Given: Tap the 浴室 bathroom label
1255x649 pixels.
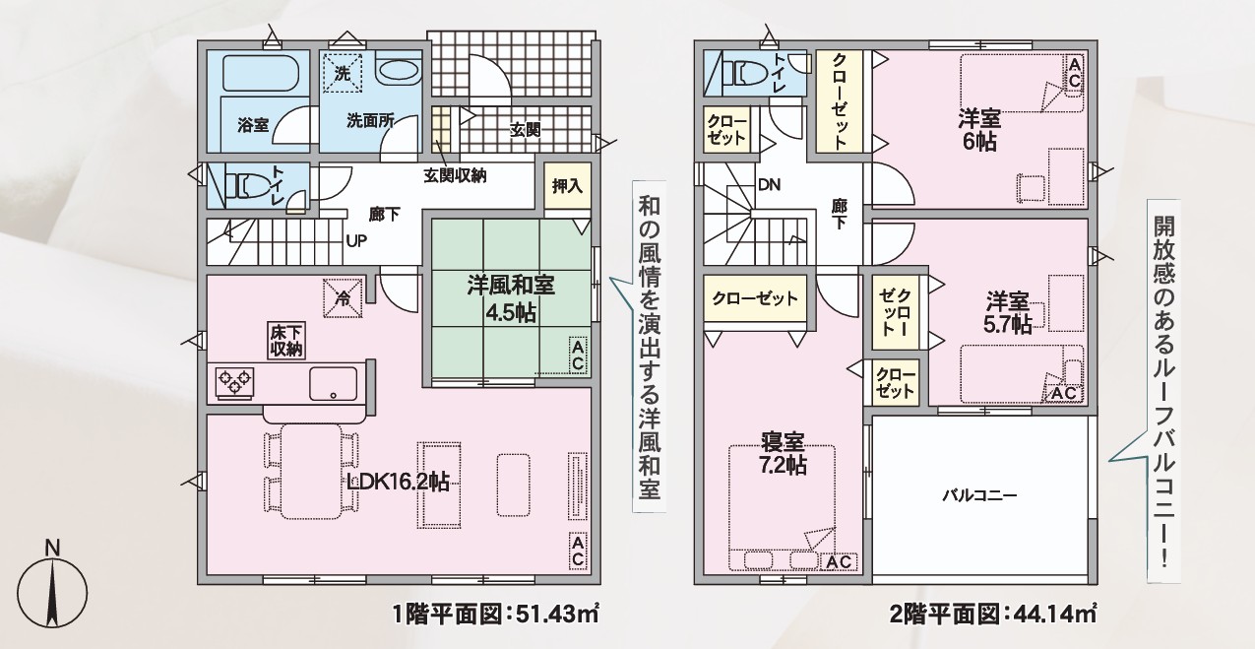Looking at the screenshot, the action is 253,124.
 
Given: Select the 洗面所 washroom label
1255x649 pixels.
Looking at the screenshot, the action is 370,120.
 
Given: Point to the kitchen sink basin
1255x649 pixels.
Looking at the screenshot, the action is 333,384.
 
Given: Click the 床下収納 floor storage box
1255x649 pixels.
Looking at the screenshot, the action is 286,340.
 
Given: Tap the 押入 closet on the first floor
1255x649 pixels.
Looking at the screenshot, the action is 567,185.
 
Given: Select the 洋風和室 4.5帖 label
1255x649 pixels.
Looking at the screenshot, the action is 511,299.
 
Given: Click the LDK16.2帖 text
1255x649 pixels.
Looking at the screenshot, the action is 398,482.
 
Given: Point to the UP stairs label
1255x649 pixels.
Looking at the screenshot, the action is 356,241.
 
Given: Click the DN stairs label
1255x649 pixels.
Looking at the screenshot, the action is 769,184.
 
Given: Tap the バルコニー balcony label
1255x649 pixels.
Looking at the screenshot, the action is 979,495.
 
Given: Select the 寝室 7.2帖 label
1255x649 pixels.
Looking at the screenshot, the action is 783,454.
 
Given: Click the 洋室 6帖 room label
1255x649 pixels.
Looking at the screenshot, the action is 979,131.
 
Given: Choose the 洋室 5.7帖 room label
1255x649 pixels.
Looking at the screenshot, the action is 1007,314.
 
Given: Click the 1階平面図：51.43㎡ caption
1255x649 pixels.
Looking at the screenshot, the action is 496,615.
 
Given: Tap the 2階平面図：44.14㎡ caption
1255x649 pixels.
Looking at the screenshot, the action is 993,615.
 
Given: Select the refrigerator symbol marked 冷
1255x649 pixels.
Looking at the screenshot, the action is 343,298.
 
